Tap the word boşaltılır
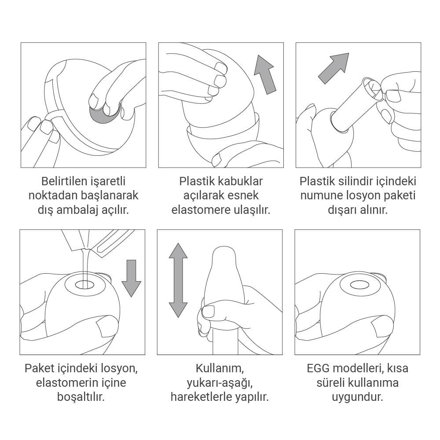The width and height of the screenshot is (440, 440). point(81,397)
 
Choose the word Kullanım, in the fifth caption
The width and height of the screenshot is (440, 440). point(220,368)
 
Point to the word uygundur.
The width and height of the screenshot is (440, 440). point(357,397)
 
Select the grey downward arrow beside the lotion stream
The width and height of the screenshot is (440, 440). point(131,278)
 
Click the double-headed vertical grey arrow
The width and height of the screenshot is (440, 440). point(178,280)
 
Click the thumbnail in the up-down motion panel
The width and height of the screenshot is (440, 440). point(209,311)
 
